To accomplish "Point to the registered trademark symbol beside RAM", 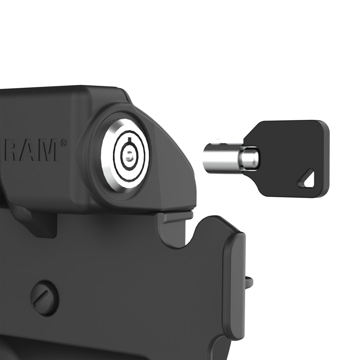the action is [x=64, y=143].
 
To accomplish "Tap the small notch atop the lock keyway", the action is [x=130, y=139].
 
